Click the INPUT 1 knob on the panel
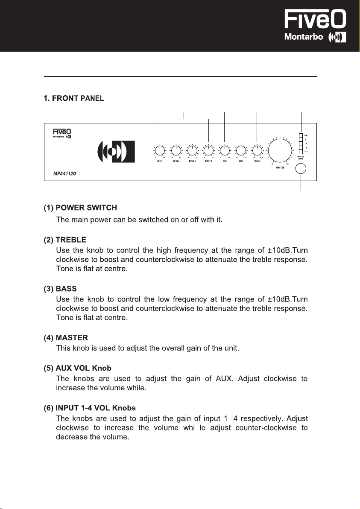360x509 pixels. click(159, 150)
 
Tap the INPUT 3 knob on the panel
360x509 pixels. click(192, 150)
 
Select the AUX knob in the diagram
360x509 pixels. click(224, 150)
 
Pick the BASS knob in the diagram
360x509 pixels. click(241, 150)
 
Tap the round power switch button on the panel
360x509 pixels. click(301, 169)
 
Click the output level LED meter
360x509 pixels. click(301, 143)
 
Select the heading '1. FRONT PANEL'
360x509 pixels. click(74, 99)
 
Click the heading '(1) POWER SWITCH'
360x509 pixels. click(80, 208)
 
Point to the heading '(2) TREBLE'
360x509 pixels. click(64, 240)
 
